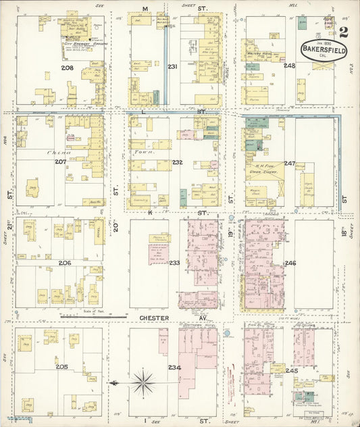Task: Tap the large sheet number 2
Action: pyautogui.click(x=344, y=32)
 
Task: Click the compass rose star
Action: pyautogui.click(x=143, y=382)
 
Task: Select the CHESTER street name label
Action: pyautogui.click(x=155, y=316)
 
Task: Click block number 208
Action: pyautogui.click(x=67, y=68)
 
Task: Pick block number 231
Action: pyautogui.click(x=172, y=66)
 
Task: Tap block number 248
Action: pyautogui.click(x=290, y=66)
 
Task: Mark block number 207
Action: pyautogui.click(x=61, y=162)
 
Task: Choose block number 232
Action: pyautogui.click(x=177, y=162)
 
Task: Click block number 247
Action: pyautogui.click(x=290, y=163)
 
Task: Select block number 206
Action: pyautogui.click(x=65, y=262)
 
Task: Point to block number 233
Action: pyautogui.click(x=174, y=262)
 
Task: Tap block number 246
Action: pyautogui.click(x=290, y=262)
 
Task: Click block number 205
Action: pyautogui.click(x=62, y=367)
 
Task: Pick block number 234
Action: pyautogui.click(x=173, y=367)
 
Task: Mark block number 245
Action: pyautogui.click(x=292, y=370)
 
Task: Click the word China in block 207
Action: pyautogui.click(x=55, y=153)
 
